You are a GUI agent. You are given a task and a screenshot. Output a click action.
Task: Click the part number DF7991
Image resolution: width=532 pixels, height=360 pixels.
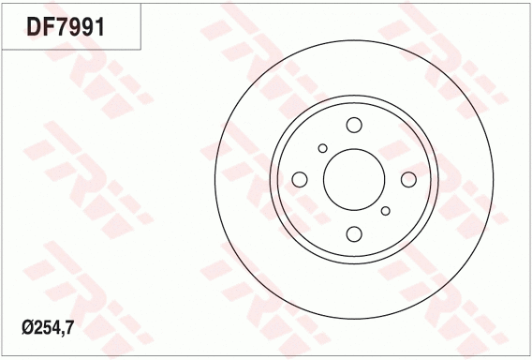tap(65, 27)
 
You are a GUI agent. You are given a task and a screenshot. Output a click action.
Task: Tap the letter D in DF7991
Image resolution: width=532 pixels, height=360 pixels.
tap(35, 27)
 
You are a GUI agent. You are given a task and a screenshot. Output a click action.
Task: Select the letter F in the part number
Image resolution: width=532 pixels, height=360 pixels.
tap(49, 27)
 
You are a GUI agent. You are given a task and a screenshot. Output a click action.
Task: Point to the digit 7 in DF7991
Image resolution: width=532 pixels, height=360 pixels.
tap(62, 27)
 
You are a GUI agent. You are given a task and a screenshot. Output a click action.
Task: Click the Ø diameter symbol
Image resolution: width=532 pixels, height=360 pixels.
tap(26, 328)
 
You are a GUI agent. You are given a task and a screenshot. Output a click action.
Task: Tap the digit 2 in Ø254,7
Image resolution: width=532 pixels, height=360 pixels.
tap(37, 328)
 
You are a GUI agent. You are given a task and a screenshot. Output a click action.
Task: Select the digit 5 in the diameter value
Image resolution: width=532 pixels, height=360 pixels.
tap(47, 328)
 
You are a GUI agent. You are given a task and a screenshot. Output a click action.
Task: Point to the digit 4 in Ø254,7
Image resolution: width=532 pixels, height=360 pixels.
tap(56, 328)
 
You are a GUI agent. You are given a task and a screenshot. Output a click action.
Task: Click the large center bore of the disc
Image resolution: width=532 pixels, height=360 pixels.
tap(353, 179)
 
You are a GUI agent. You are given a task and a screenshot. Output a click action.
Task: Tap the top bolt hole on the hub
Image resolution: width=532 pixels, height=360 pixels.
tap(353, 125)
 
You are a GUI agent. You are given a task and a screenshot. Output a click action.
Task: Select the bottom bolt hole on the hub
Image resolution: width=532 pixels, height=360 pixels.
tap(353, 233)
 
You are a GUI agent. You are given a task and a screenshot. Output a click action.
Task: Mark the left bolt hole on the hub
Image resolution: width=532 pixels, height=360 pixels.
tap(299, 179)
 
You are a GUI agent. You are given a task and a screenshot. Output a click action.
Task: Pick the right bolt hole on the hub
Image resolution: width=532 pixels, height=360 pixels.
tap(407, 179)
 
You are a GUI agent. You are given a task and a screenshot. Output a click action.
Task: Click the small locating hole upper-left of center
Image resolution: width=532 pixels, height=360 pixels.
tap(323, 148)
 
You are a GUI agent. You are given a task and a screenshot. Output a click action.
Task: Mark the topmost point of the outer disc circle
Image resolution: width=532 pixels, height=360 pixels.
tap(353, 40)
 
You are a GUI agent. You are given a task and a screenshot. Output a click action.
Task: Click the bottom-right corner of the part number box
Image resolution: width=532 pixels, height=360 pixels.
tap(140, 49)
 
